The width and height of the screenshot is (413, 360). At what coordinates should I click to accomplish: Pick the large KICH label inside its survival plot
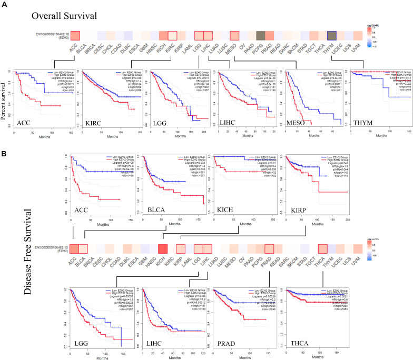(x=229, y=210)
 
